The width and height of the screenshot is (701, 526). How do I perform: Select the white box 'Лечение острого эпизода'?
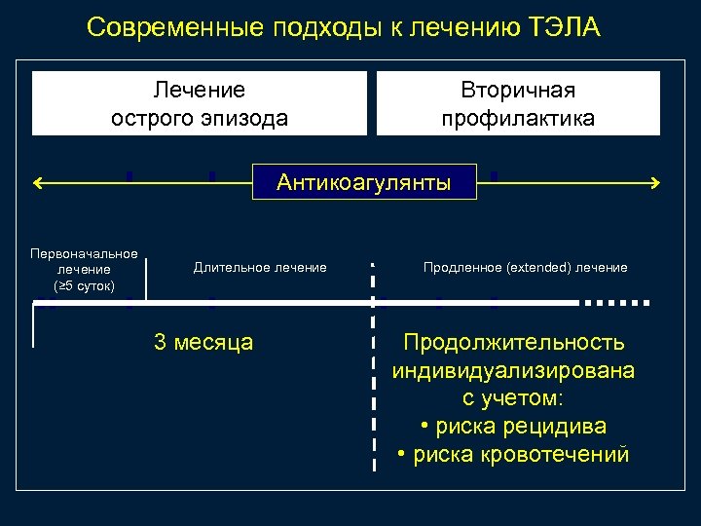pyautogui.click(x=200, y=104)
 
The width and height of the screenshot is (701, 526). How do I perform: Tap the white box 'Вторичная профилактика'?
pyautogui.click(x=517, y=104)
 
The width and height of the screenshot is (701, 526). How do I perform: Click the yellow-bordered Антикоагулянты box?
pyautogui.click(x=364, y=182)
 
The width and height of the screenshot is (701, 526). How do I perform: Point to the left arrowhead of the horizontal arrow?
pyautogui.click(x=37, y=182)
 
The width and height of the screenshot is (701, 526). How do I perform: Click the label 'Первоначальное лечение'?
pyautogui.click(x=84, y=261)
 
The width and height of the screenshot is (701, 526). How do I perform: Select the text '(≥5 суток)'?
pyautogui.click(x=84, y=285)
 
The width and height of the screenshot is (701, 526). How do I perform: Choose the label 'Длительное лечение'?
pyautogui.click(x=260, y=267)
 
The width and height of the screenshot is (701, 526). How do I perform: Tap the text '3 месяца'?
pyautogui.click(x=203, y=342)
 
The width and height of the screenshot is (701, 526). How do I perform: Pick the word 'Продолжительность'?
pyautogui.click(x=514, y=343)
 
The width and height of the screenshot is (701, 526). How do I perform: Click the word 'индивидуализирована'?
pyautogui.click(x=514, y=371)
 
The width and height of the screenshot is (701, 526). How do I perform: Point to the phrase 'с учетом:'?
pyautogui.click(x=514, y=399)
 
